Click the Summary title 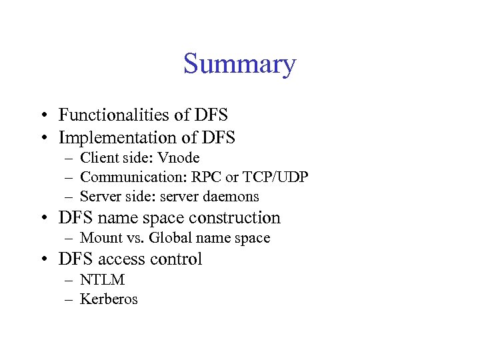[239, 65]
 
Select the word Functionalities [114, 115]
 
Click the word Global [170, 238]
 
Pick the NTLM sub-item [102, 279]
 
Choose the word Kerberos [109, 299]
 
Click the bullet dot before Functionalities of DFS [42, 115]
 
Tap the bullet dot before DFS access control [42, 259]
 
